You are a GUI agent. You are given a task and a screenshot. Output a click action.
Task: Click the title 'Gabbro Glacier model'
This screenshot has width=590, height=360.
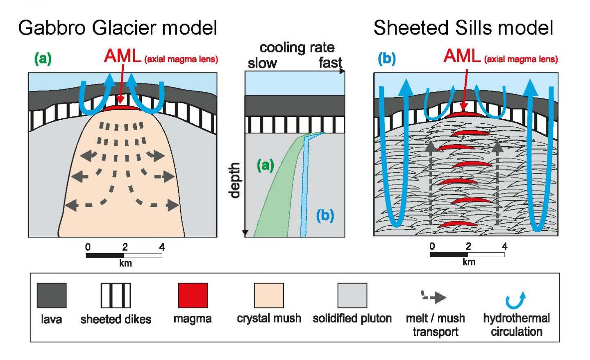tap(117, 28)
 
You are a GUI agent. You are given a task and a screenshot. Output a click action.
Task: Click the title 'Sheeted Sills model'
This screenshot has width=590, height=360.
tap(463, 28)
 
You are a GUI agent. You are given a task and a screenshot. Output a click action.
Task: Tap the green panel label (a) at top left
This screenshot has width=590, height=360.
tap(43, 59)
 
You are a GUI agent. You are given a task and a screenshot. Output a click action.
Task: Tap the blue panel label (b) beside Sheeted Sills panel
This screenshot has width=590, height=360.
tap(387, 59)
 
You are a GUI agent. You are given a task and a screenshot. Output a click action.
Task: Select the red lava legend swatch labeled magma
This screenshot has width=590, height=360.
tap(193, 295)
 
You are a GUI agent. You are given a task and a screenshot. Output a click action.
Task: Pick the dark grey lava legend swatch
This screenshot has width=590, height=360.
tap(52, 295)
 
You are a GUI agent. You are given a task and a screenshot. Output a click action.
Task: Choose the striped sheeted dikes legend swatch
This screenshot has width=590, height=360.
tap(116, 295)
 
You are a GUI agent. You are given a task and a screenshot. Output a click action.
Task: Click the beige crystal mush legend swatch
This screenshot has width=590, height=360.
tap(269, 295)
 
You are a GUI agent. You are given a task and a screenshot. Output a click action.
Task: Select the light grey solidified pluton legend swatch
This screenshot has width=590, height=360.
tap(352, 295)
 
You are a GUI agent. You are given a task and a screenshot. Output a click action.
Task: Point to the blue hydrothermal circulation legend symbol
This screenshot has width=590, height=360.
tap(515, 300)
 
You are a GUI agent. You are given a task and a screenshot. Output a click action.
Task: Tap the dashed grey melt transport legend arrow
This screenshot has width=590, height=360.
tap(434, 297)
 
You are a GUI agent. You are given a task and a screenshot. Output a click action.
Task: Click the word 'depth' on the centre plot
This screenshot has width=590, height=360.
tap(235, 180)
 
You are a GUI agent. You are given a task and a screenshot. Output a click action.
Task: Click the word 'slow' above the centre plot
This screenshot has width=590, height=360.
tap(262, 63)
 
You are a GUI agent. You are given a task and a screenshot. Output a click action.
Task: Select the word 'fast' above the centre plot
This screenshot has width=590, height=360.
tap(330, 63)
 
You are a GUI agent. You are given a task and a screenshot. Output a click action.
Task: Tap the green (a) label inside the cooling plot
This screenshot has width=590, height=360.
tap(265, 165)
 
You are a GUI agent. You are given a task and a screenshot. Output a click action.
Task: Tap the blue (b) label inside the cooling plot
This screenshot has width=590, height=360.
tap(325, 215)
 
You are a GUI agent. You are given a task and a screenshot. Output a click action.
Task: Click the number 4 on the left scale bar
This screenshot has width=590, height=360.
tap(162, 247)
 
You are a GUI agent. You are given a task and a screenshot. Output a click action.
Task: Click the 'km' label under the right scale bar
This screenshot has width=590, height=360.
tap(468, 262)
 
